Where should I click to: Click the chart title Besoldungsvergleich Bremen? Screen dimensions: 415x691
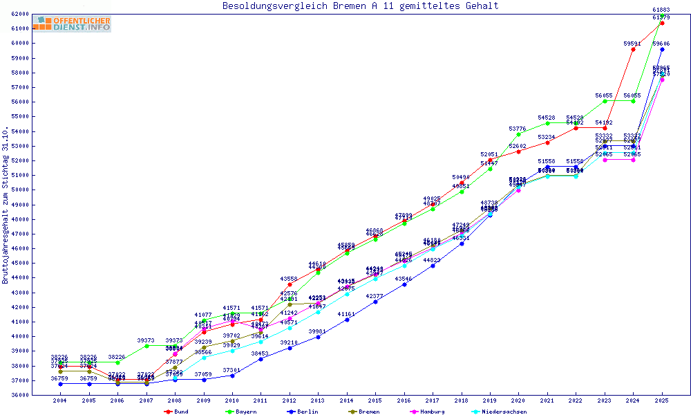(360, 6)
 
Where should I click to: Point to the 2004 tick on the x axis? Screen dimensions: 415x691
(60, 400)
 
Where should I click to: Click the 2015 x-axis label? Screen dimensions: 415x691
(375, 400)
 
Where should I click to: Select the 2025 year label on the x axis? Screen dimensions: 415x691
(662, 400)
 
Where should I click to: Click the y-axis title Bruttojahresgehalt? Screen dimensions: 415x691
(6, 205)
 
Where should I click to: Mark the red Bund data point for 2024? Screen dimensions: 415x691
(633, 49)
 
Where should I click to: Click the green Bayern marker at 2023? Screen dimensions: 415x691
(605, 101)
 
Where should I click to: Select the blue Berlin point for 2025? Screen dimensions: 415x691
(662, 49)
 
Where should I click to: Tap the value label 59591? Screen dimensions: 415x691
(632, 44)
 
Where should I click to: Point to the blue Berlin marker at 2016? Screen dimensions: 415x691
(404, 284)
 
